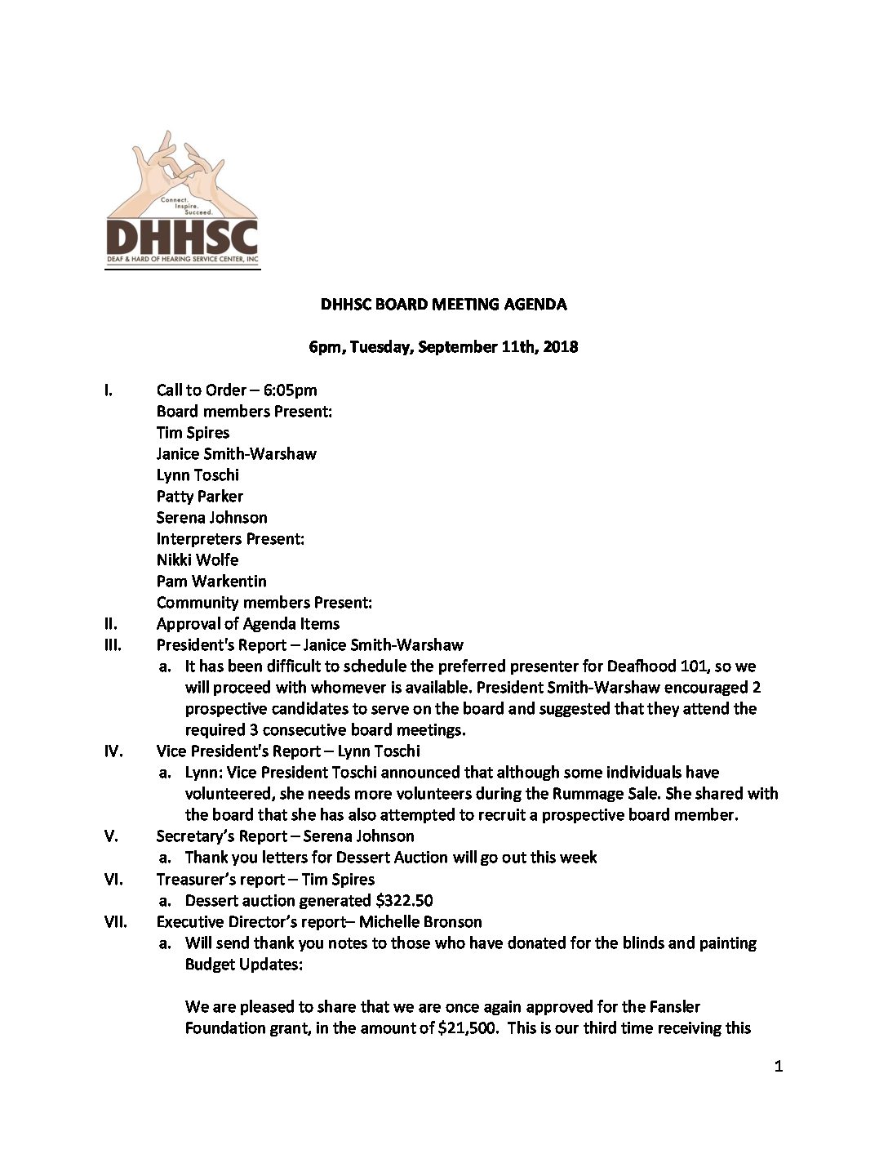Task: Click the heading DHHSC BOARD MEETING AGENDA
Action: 443,305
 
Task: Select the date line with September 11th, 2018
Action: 443,347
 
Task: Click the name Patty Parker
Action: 199,497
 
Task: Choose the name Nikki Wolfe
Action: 198,560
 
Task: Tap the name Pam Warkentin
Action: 211,582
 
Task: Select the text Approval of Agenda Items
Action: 248,624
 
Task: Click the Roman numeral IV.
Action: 113,751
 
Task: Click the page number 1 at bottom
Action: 778,1066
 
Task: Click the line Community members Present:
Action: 264,603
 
